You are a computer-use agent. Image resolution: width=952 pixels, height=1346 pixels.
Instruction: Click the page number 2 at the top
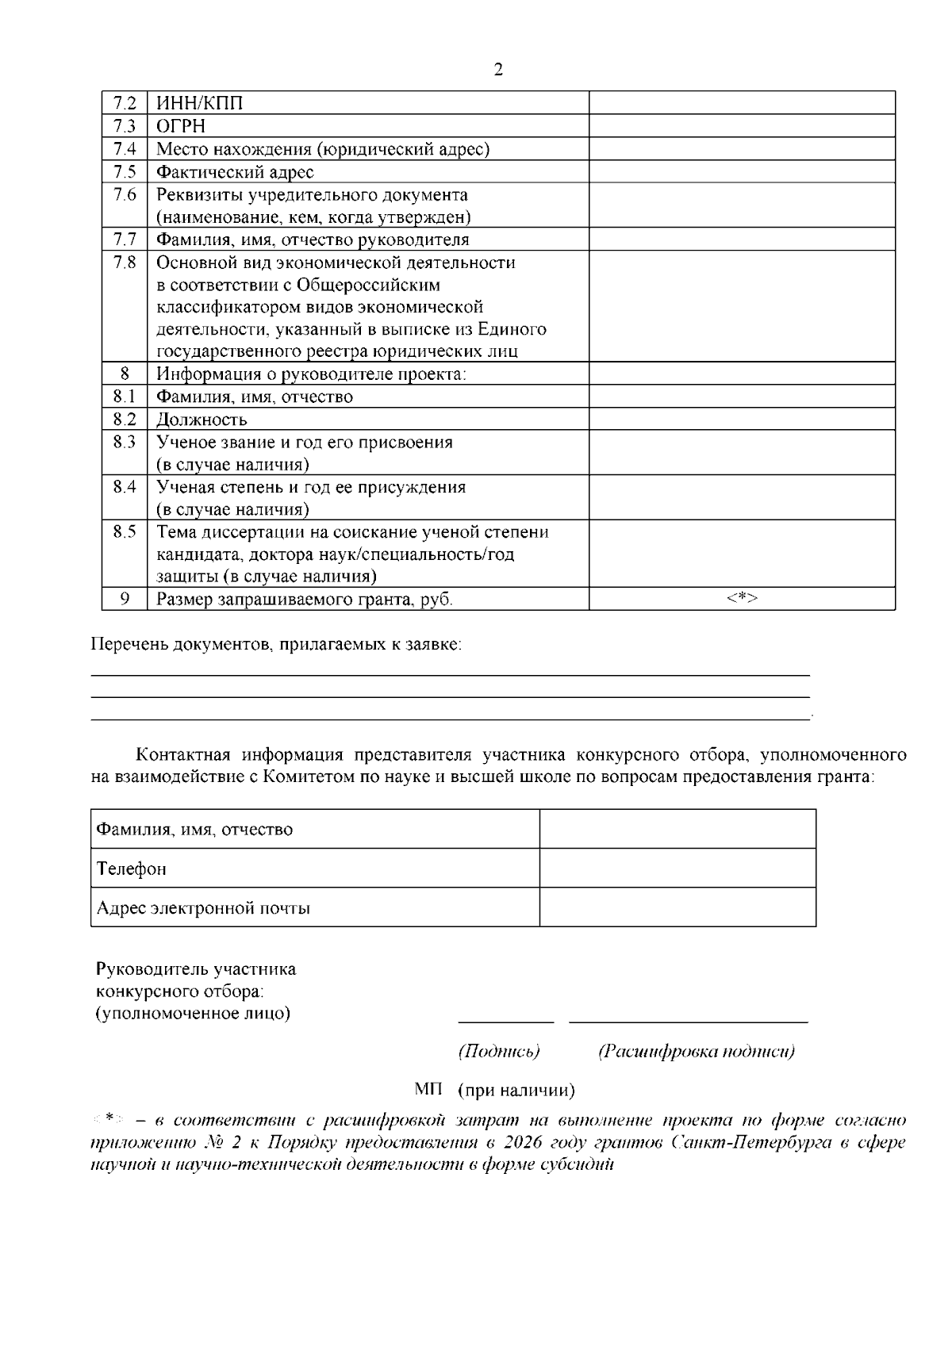tap(497, 70)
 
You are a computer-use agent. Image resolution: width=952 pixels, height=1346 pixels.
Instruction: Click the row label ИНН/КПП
tap(200, 103)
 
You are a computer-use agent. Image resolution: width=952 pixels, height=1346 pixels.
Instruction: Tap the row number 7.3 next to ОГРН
tap(125, 126)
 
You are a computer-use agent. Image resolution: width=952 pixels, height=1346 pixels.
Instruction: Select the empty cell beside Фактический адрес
tap(742, 172)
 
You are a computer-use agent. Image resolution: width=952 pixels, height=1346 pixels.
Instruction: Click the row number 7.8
tap(125, 263)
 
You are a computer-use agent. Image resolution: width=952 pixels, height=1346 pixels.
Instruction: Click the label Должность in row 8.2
tap(202, 420)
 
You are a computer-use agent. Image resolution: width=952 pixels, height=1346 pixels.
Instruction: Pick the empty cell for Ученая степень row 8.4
tap(742, 498)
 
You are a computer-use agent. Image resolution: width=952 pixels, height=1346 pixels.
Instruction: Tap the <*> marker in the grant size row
tap(742, 599)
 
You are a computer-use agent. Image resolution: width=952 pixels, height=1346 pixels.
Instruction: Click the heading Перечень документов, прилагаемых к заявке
tap(276, 645)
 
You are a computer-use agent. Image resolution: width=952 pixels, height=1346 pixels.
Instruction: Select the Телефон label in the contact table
tap(132, 869)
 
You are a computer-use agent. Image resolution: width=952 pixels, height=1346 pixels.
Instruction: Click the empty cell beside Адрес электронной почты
tap(678, 907)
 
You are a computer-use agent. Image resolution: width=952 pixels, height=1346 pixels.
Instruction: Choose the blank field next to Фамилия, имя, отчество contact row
tap(678, 830)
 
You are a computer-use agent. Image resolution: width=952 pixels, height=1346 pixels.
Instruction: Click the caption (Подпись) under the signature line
tap(499, 1052)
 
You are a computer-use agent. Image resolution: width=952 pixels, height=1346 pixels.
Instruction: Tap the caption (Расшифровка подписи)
tap(696, 1052)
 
